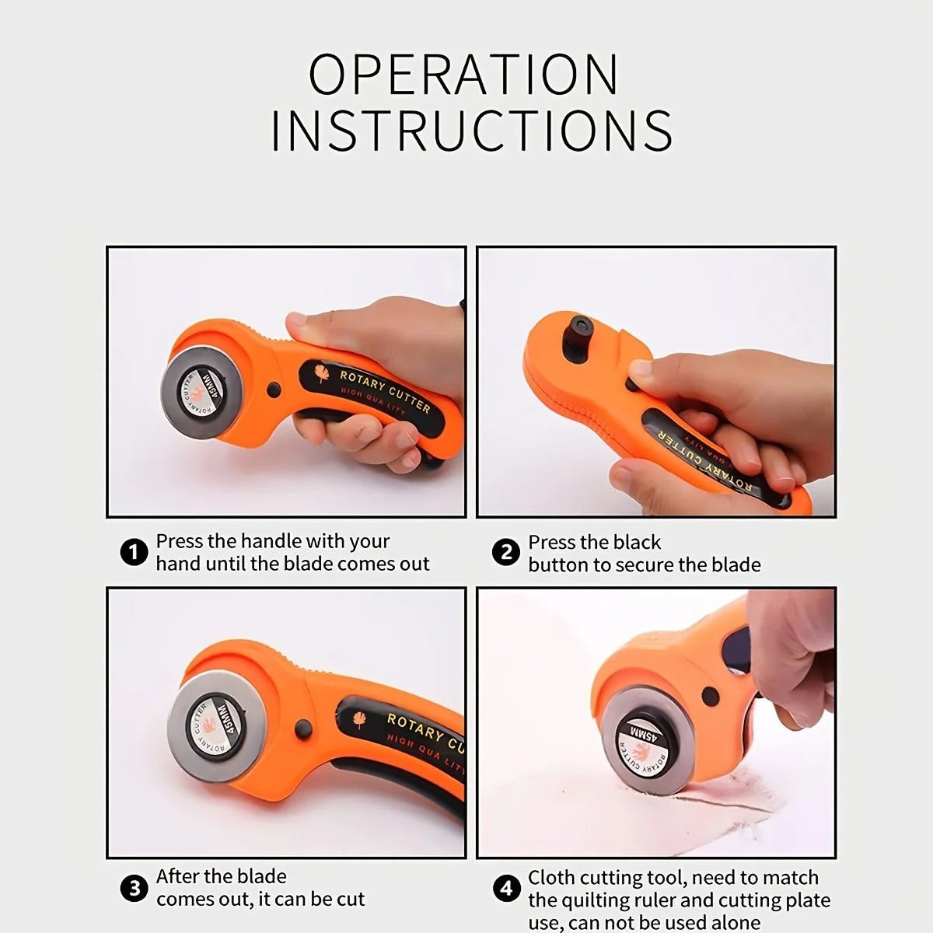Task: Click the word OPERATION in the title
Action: [x=464, y=75]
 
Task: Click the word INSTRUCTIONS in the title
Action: [x=471, y=131]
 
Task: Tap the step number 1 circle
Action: [x=134, y=553]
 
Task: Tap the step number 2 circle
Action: [x=506, y=553]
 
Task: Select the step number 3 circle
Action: [x=134, y=888]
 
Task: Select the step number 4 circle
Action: [x=506, y=888]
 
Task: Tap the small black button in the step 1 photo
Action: [x=274, y=390]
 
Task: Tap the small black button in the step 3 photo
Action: [x=303, y=729]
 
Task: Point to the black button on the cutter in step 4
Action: [x=709, y=695]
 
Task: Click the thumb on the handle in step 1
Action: [x=311, y=322]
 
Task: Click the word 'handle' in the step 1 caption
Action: [x=271, y=541]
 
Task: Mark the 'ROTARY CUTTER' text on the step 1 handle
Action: [x=384, y=390]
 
